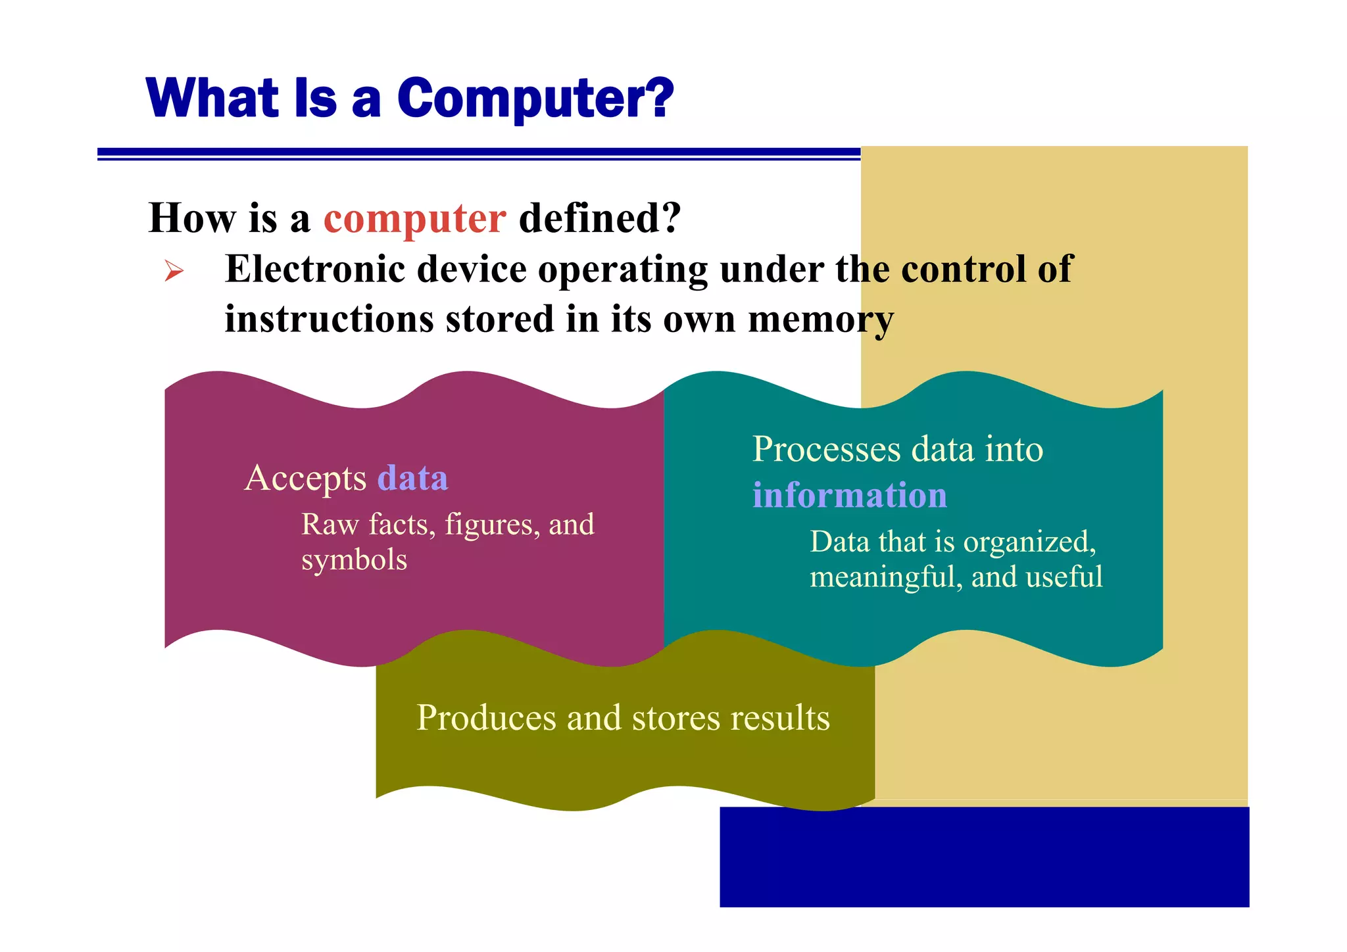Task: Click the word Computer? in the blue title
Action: (x=535, y=99)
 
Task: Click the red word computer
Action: (x=414, y=218)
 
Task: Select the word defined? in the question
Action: (x=599, y=218)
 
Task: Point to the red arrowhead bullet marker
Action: (x=174, y=270)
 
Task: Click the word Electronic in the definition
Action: (x=310, y=270)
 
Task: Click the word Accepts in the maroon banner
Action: (x=305, y=478)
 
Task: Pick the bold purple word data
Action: (x=412, y=478)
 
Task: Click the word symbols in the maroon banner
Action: (x=354, y=560)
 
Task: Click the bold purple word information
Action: (x=849, y=495)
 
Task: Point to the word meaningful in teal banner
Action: (x=885, y=577)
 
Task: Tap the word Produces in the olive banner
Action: (x=485, y=718)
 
